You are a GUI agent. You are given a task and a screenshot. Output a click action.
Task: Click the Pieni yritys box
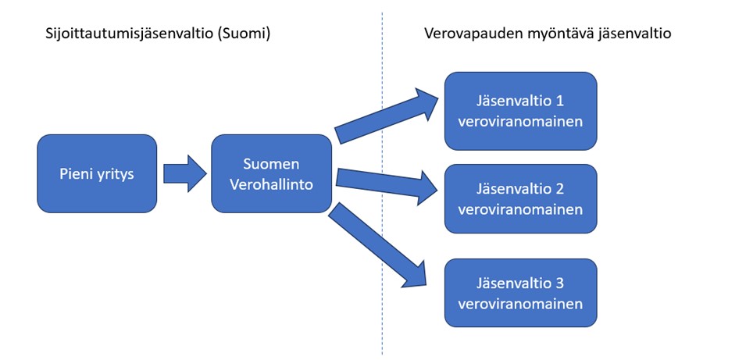coord(97,173)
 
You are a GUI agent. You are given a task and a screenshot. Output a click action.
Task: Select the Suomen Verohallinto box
coord(271,173)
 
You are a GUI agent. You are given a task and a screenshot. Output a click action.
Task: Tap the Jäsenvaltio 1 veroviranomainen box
coord(520,111)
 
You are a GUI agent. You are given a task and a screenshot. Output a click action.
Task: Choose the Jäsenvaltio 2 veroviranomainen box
coord(520,198)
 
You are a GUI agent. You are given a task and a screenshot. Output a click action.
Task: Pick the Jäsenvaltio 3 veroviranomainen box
coord(520,293)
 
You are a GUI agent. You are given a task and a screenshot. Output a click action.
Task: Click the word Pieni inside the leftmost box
coord(76,173)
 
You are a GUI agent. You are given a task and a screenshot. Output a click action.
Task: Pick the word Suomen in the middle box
coord(271,164)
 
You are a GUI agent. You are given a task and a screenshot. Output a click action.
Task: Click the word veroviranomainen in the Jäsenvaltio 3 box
coord(520,303)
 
